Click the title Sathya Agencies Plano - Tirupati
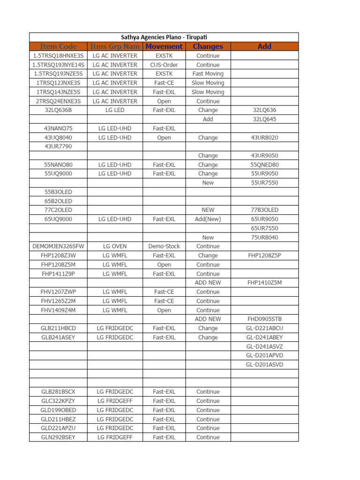[x=164, y=37]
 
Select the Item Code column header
[x=58, y=46]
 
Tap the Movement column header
[x=164, y=46]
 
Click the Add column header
[x=264, y=46]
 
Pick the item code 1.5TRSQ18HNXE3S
[x=58, y=56]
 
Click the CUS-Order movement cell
[x=164, y=65]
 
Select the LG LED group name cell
[x=115, y=110]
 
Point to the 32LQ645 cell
[x=264, y=119]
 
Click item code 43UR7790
[x=58, y=146]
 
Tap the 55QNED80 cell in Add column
[x=264, y=165]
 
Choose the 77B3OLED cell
[x=264, y=210]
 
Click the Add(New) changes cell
[x=208, y=219]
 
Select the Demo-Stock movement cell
[x=164, y=246]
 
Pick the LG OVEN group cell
[x=115, y=246]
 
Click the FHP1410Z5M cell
[x=264, y=283]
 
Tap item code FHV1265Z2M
[x=58, y=301]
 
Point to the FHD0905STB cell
[x=264, y=319]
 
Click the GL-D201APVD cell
[x=264, y=355]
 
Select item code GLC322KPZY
[x=58, y=401]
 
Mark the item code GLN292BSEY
[x=58, y=437]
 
